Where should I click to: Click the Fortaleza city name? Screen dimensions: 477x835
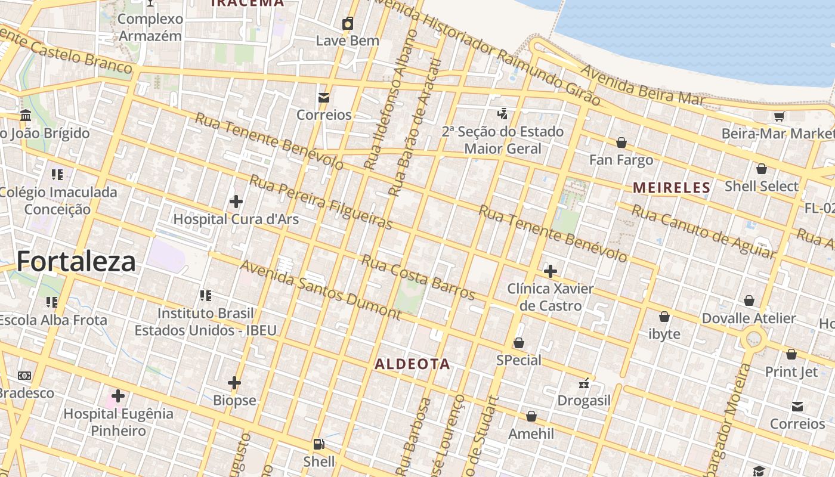point(76,262)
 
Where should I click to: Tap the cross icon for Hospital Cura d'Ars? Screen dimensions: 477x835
point(236,202)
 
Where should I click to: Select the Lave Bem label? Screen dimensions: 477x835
point(347,41)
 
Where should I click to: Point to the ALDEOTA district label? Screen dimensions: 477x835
point(412,364)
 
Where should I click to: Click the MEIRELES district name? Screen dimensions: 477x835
point(672,188)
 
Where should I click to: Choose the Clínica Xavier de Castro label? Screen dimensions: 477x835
point(550,297)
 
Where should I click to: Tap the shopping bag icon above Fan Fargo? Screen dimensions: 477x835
point(621,143)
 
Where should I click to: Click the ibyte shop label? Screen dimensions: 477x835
point(664,334)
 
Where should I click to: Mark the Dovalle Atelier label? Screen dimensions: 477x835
point(749,318)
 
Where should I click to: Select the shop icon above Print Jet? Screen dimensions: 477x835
point(791,354)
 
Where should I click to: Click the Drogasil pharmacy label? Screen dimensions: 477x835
point(583,401)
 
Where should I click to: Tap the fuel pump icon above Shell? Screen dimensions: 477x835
point(319,444)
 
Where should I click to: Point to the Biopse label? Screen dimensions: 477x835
point(234,400)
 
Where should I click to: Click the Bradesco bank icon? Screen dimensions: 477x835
point(24,376)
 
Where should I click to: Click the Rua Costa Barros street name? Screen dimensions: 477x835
point(418,278)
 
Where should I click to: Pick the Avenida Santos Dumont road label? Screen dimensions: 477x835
point(320,289)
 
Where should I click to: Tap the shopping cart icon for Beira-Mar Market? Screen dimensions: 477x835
point(779,116)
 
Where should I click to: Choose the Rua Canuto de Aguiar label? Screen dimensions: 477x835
point(703,232)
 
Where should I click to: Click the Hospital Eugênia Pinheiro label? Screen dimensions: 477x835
point(118,422)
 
